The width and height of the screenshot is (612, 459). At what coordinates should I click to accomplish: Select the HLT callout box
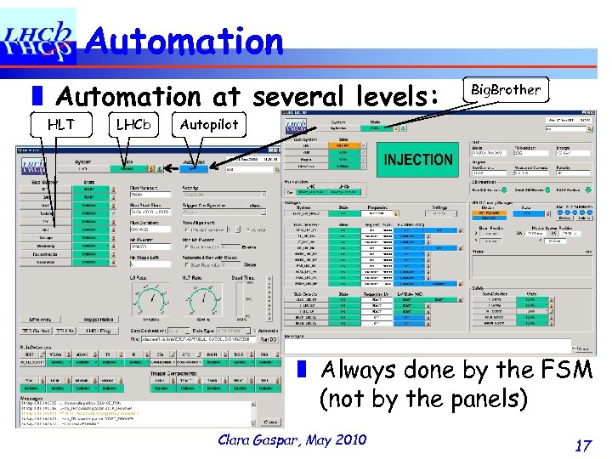click(60, 124)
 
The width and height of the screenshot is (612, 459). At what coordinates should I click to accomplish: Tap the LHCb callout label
click(133, 124)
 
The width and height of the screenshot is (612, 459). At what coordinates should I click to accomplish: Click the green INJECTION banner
click(418, 160)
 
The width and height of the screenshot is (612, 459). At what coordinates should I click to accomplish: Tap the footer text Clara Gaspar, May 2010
click(292, 439)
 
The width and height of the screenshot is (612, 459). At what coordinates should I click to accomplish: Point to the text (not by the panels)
click(423, 398)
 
